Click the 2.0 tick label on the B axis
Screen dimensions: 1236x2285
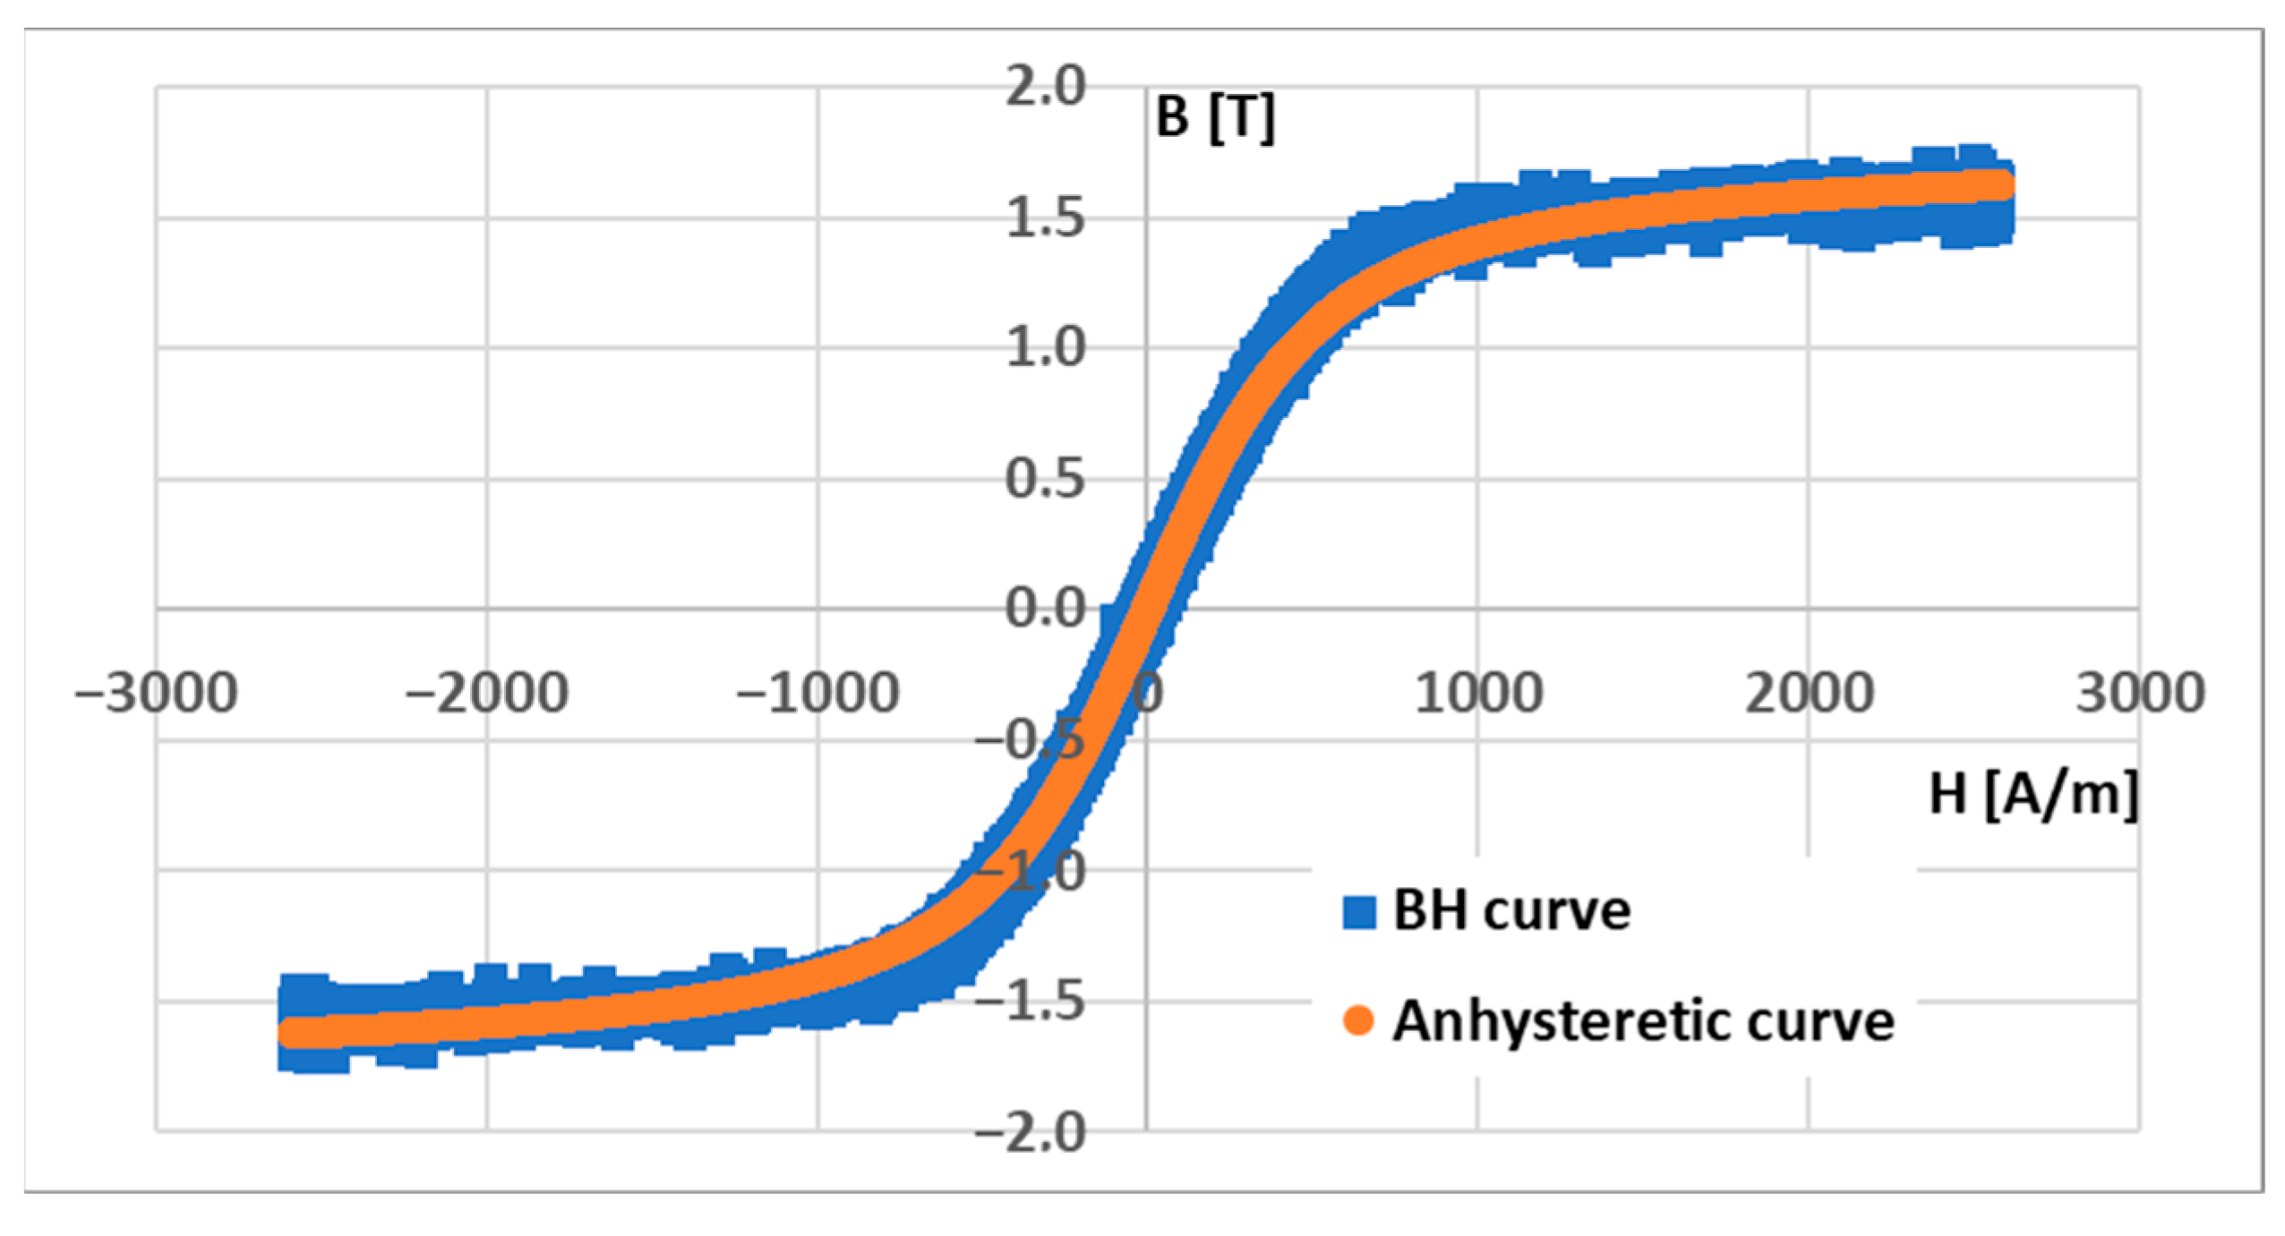[1044, 87]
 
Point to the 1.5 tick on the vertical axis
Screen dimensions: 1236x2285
[1044, 217]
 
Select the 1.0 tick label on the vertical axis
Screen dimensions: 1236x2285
[1044, 347]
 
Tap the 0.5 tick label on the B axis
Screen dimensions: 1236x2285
[1044, 479]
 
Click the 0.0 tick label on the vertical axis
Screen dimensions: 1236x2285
[1044, 609]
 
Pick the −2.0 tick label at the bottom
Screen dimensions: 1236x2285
[1030, 1133]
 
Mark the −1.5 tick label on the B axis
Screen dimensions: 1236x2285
[1030, 1001]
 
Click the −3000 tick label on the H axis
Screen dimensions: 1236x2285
[157, 694]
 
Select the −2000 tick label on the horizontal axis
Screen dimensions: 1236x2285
[487, 694]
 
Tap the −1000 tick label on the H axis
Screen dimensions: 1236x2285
[817, 694]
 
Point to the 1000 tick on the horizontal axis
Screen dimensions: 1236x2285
[1478, 694]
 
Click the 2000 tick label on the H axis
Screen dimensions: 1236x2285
[1809, 694]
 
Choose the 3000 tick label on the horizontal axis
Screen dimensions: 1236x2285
[2140, 694]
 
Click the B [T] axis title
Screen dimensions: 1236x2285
[1215, 117]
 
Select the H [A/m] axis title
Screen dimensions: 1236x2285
[2033, 793]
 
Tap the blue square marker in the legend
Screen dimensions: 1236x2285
[1358, 912]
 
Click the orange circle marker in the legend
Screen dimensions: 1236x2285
[1358, 1021]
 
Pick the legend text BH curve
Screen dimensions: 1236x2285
[1511, 911]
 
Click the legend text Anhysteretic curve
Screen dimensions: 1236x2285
[1643, 1021]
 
